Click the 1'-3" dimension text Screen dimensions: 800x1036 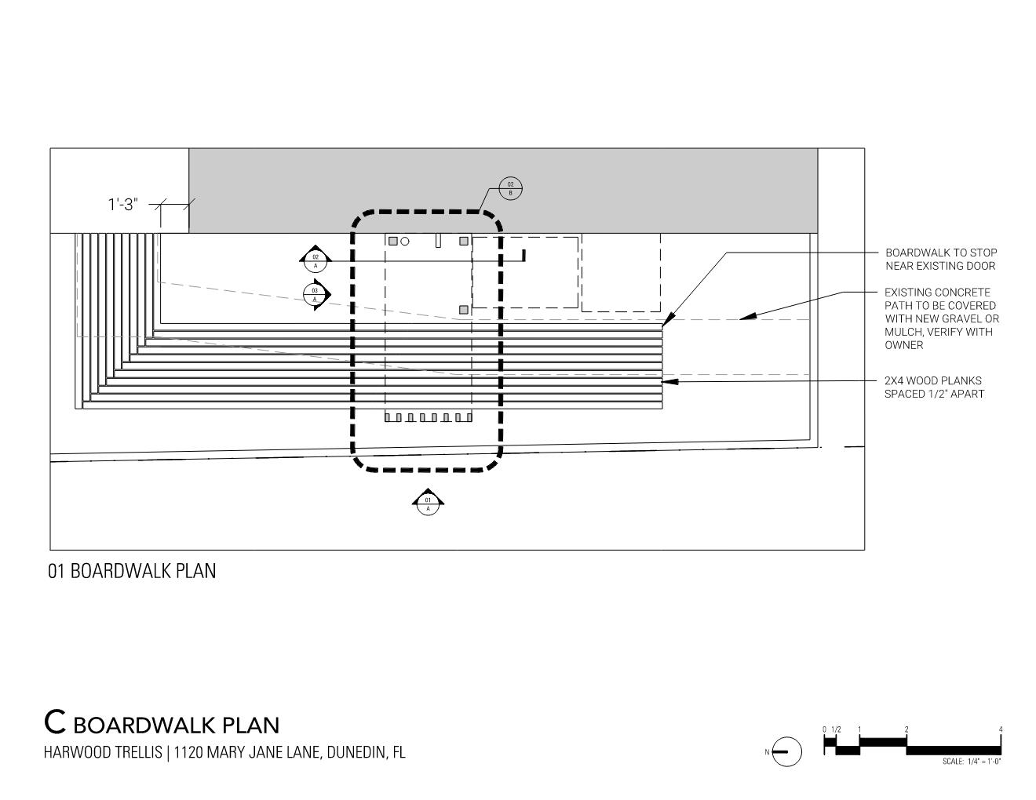coord(123,205)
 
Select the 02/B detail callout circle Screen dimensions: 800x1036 coord(510,188)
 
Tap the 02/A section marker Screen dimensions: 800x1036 coord(316,260)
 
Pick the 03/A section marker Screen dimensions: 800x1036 coord(315,295)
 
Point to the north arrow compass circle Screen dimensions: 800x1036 coord(786,751)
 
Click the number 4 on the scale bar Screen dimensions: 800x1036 coord(1001,729)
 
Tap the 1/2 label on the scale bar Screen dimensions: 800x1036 coord(836,729)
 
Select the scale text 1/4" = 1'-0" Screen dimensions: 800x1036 coord(972,761)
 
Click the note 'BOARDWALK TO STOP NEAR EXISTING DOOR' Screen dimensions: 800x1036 coord(941,259)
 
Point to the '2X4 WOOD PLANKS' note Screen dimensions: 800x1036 coord(933,381)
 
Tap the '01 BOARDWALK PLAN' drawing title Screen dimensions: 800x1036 coord(132,571)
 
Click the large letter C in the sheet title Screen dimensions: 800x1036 coord(54,721)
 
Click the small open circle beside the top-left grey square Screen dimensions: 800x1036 coord(405,242)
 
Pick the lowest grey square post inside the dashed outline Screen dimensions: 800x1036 coord(464,310)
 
